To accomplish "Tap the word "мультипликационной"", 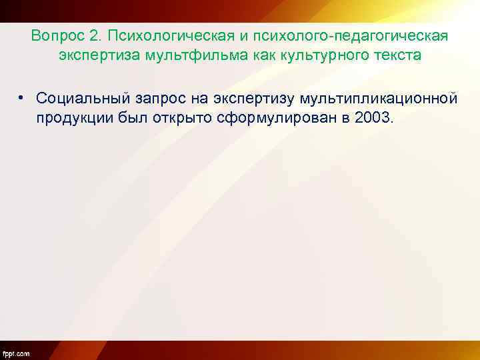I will click(x=378, y=99).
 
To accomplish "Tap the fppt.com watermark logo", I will click(x=16, y=353).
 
